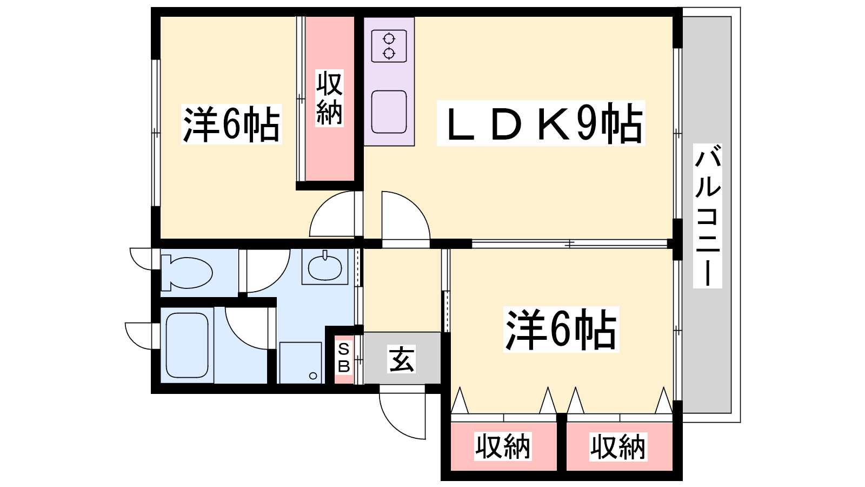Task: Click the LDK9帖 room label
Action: [541, 123]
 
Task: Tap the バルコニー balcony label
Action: [708, 216]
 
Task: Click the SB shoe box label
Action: [344, 358]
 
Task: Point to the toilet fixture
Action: [187, 273]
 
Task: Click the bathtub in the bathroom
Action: [187, 345]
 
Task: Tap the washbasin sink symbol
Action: [325, 267]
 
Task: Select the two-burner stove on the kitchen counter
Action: [389, 46]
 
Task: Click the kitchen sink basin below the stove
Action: [389, 112]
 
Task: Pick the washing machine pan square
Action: [301, 363]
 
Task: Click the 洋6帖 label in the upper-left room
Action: [231, 124]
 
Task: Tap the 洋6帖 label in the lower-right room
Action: [561, 330]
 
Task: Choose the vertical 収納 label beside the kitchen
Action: [329, 98]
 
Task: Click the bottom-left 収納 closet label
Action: [503, 446]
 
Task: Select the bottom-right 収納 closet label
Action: [618, 447]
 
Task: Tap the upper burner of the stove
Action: [389, 38]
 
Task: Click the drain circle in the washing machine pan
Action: [313, 376]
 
